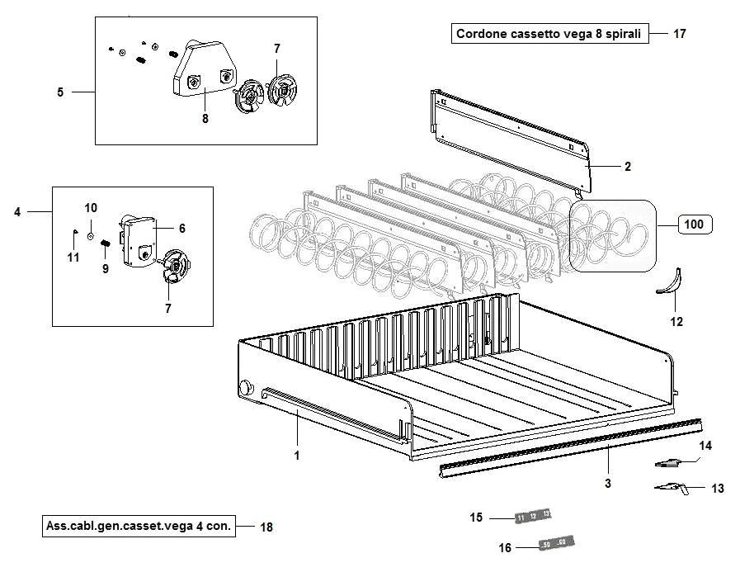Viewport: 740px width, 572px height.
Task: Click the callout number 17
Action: click(679, 34)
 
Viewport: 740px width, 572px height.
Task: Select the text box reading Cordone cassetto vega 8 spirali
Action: click(549, 34)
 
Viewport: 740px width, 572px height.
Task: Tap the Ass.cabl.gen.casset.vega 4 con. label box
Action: click(138, 525)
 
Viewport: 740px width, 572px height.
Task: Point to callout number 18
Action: click(266, 526)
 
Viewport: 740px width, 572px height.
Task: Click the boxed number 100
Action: click(695, 224)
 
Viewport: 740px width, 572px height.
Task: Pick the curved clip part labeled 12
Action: click(671, 282)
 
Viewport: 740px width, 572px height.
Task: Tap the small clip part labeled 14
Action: click(670, 461)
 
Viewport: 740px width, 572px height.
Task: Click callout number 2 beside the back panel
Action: click(627, 167)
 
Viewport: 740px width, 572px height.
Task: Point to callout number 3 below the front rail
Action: click(608, 484)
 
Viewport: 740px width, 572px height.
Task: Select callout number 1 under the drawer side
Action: click(296, 455)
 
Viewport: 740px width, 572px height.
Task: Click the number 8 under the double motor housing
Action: click(205, 118)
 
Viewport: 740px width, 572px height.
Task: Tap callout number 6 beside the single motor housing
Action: click(181, 228)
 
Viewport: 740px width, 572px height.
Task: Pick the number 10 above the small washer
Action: click(91, 207)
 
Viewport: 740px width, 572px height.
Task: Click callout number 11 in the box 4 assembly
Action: click(73, 258)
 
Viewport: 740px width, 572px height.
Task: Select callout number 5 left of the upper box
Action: click(60, 92)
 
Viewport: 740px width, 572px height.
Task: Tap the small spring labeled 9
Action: click(106, 243)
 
